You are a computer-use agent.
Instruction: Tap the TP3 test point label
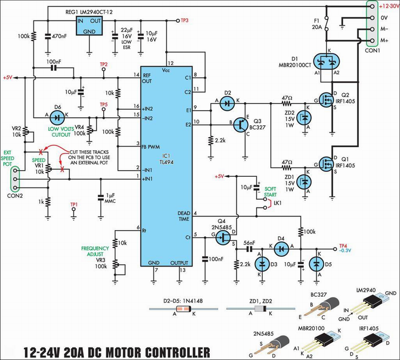pyautogui.click(x=185, y=21)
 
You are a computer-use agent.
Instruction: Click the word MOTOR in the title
pyautogui.click(x=124, y=352)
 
